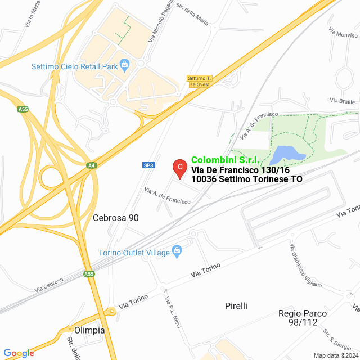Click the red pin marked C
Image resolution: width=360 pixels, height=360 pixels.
[x=179, y=167]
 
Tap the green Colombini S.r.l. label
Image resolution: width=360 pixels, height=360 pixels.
[x=224, y=160]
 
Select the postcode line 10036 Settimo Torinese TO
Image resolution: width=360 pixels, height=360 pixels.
[x=247, y=179]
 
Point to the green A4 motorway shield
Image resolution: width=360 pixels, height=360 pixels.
[x=91, y=165]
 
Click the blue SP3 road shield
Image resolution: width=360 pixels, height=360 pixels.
[x=148, y=165]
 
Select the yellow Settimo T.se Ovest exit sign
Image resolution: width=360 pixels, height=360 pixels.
[x=199, y=81]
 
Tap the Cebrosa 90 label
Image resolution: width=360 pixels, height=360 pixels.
[x=115, y=218]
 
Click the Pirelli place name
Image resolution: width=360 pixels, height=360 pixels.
[x=236, y=306]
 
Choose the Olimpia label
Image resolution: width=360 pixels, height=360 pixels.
[x=89, y=330]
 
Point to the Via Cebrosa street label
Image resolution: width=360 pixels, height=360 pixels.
[x=49, y=283]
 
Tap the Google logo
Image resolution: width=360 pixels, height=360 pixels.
[x=19, y=353]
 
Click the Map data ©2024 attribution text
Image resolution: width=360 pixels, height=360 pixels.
[x=336, y=355]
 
